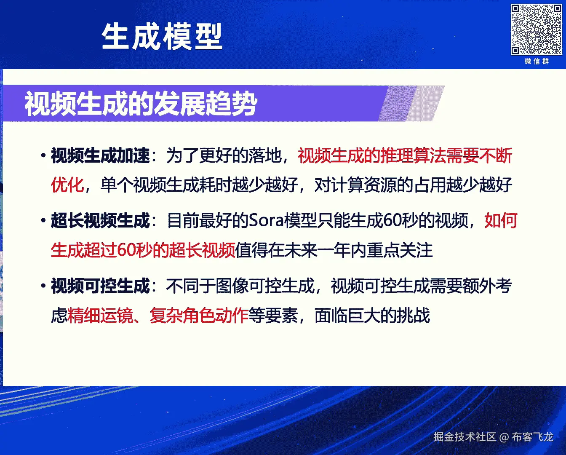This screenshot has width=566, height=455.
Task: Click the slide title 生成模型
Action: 162,36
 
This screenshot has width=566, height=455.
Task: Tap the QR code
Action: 536,29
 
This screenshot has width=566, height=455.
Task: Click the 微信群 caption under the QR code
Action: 537,62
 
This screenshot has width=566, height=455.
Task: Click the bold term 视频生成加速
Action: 100,155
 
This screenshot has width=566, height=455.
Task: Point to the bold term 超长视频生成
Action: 100,220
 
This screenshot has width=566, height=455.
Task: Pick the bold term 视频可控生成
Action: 100,286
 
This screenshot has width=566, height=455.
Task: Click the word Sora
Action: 266,220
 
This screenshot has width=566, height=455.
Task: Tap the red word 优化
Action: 67,185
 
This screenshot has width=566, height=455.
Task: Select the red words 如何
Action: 501,220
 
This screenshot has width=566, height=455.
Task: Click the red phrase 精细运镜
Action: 100,315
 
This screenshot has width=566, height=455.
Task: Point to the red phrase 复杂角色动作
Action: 199,315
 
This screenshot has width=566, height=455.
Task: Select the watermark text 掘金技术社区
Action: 465,437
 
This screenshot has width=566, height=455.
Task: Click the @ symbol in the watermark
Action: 504,437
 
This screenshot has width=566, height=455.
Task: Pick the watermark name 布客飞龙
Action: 532,437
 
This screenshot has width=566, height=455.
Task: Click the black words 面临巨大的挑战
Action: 372,315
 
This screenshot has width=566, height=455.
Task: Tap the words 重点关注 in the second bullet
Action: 400,250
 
